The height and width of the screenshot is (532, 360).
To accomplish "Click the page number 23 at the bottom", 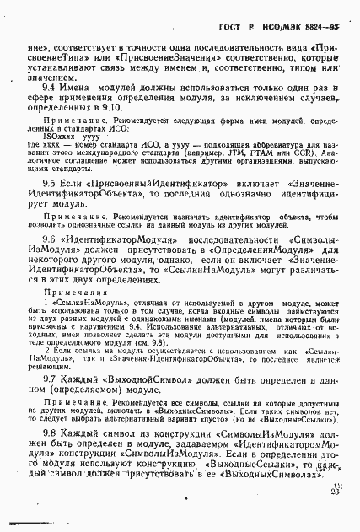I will click(x=337, y=491).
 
